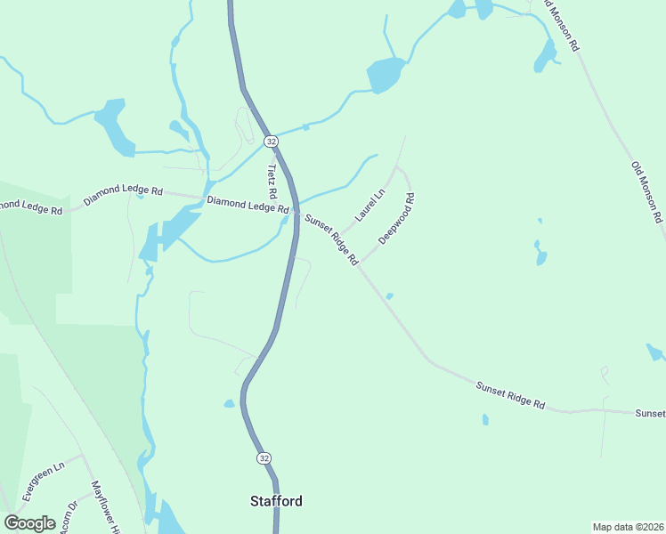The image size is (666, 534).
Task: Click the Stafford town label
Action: click(275, 501)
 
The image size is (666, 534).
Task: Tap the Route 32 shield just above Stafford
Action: click(264, 457)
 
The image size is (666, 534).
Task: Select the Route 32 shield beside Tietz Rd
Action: click(271, 142)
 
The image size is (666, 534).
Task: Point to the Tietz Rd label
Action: click(272, 181)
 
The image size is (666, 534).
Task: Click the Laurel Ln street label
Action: click(370, 205)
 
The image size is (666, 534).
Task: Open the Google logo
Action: click(30, 522)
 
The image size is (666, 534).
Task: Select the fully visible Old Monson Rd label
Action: click(646, 191)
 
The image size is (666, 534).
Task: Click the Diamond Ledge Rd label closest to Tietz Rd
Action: click(248, 205)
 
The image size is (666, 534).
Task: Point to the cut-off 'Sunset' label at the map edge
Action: click(650, 414)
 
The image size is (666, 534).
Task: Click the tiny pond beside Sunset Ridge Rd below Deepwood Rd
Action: click(389, 295)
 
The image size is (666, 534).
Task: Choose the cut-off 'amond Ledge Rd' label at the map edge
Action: click(32, 206)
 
